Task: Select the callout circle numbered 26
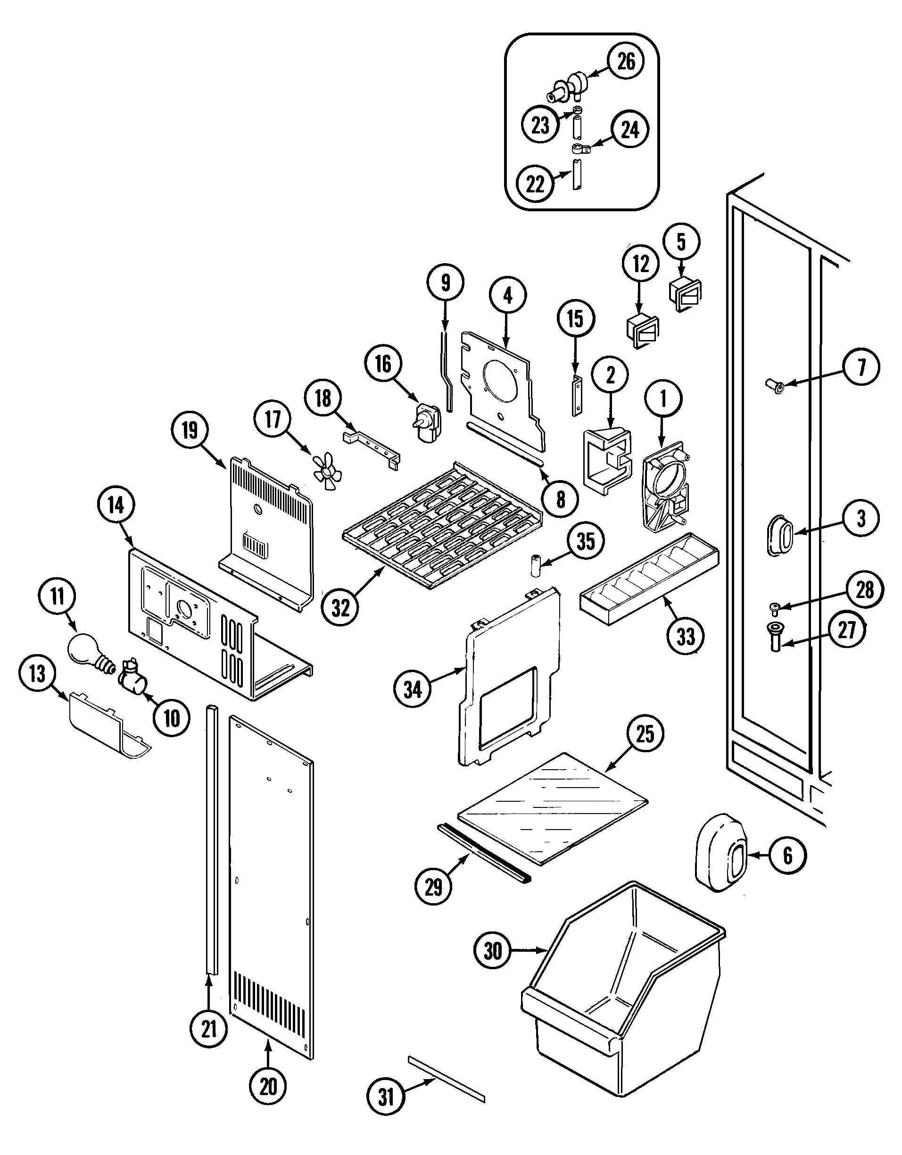(x=626, y=62)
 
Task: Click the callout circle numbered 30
(x=492, y=951)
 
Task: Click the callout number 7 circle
(x=861, y=366)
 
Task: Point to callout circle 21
(x=209, y=1029)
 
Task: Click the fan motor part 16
(x=426, y=423)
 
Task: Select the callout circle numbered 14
(x=116, y=505)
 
